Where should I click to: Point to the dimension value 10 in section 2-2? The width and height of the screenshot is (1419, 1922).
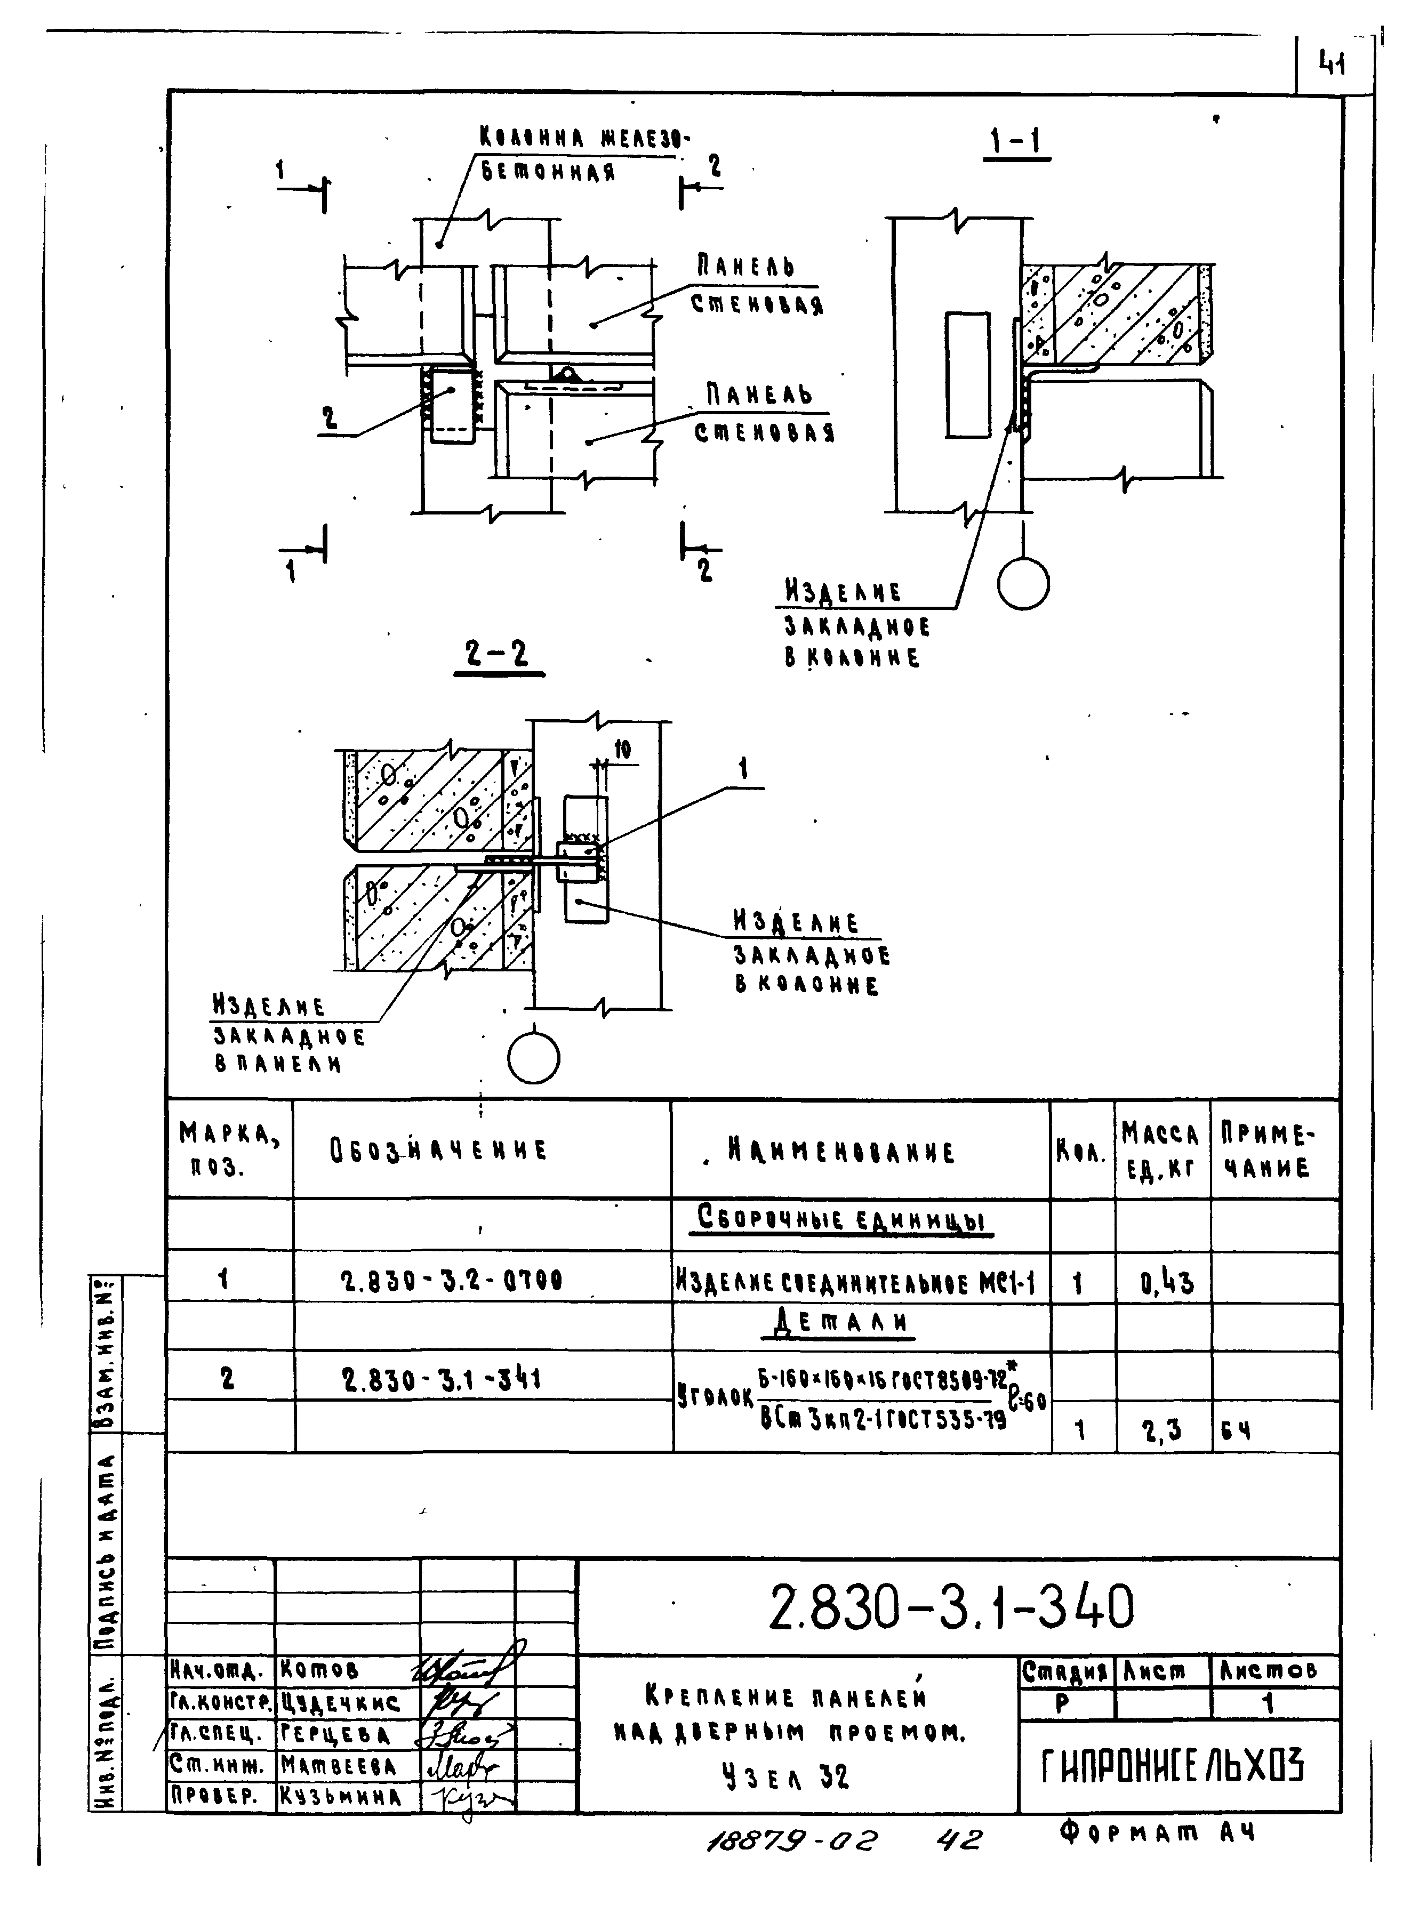(622, 750)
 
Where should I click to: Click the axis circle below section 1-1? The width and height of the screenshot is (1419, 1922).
(1023, 584)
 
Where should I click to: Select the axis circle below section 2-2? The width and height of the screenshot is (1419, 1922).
(533, 1057)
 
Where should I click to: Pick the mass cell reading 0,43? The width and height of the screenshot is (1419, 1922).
(1166, 1283)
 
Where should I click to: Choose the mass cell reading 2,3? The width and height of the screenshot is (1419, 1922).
(1161, 1430)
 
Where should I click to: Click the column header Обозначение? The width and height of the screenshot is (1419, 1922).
(438, 1150)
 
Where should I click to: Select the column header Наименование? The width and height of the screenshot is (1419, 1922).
(840, 1151)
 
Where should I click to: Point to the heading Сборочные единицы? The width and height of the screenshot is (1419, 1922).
(843, 1219)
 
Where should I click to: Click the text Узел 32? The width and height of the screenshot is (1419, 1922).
(785, 1776)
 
